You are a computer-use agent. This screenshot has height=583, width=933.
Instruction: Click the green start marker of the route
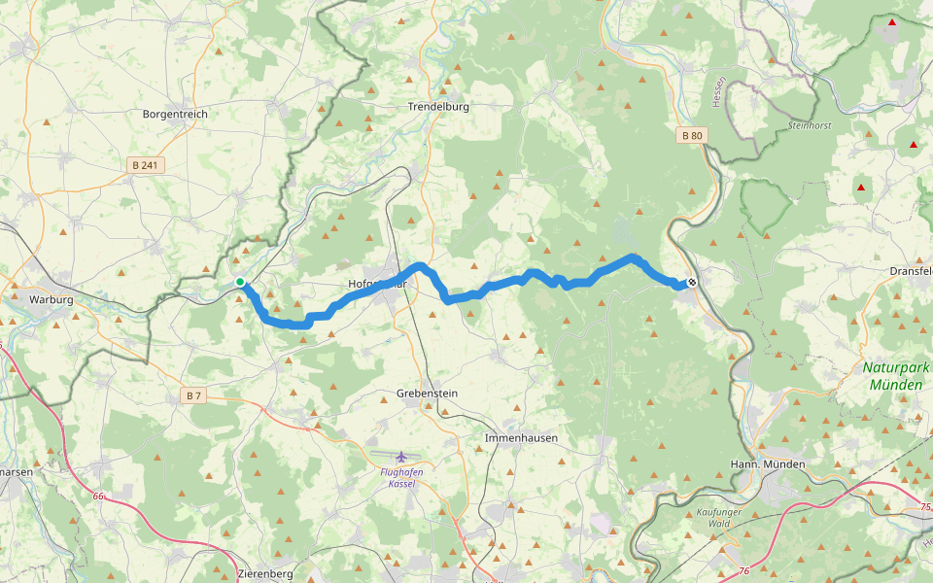pyautogui.click(x=240, y=283)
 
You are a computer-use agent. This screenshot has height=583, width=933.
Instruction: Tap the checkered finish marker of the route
pyautogui.click(x=692, y=283)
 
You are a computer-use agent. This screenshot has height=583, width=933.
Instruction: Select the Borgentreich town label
pyautogui.click(x=175, y=114)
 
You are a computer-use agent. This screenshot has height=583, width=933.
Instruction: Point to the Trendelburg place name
pyautogui.click(x=438, y=106)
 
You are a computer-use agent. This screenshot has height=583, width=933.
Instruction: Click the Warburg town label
pyautogui.click(x=52, y=300)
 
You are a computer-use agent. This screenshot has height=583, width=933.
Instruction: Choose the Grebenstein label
pyautogui.click(x=427, y=394)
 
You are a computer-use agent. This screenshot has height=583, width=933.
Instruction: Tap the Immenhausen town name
pyautogui.click(x=521, y=438)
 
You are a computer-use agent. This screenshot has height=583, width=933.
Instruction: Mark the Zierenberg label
pyautogui.click(x=265, y=574)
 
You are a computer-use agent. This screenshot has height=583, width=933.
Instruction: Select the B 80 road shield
pyautogui.click(x=691, y=136)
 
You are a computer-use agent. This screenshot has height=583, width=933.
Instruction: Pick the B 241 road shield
pyautogui.click(x=144, y=165)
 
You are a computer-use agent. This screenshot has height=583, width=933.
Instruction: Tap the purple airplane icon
pyautogui.click(x=402, y=457)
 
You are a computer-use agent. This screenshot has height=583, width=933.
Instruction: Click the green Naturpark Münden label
pyautogui.click(x=896, y=376)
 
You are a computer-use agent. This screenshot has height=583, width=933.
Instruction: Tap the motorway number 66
pyautogui.click(x=98, y=497)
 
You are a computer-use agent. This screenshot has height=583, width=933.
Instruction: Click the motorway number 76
pyautogui.click(x=743, y=571)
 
